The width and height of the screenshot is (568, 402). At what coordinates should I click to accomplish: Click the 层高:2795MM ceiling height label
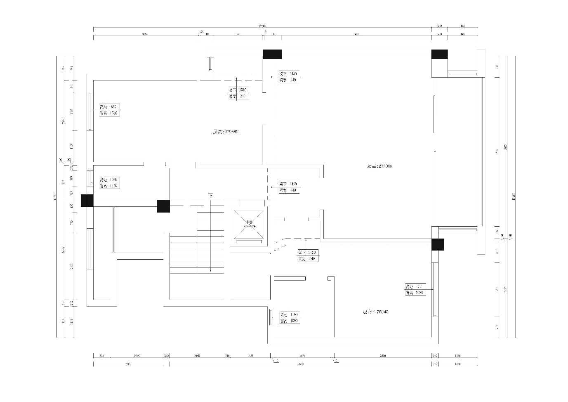(x=225, y=132)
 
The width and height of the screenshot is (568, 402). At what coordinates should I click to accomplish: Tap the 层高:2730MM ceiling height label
(x=379, y=166)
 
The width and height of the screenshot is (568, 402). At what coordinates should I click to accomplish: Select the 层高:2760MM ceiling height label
(x=375, y=312)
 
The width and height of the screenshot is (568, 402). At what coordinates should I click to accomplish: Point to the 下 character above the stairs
(x=211, y=196)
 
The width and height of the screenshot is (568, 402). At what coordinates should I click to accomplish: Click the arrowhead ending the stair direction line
(x=211, y=270)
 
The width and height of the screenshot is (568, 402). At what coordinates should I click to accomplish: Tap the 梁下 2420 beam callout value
(x=311, y=253)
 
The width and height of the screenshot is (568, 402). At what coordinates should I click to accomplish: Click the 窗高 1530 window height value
(x=114, y=113)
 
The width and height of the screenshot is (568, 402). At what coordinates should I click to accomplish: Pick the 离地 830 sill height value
(x=114, y=107)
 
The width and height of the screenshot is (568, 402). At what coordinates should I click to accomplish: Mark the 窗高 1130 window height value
(x=114, y=186)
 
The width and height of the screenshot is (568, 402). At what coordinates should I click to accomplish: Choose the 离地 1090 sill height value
(x=114, y=180)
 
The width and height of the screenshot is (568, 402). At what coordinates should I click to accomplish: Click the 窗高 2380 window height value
(x=419, y=293)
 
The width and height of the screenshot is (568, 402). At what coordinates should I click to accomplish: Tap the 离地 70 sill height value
(x=419, y=286)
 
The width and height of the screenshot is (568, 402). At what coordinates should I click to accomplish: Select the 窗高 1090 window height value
(x=294, y=321)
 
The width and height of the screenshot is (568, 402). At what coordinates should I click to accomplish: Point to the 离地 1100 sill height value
(x=294, y=315)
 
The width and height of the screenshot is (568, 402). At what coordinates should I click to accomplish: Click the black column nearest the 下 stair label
(x=163, y=206)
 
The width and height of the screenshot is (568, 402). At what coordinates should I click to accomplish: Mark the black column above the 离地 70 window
(x=438, y=244)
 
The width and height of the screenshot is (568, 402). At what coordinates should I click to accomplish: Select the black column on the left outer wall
(x=87, y=201)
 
